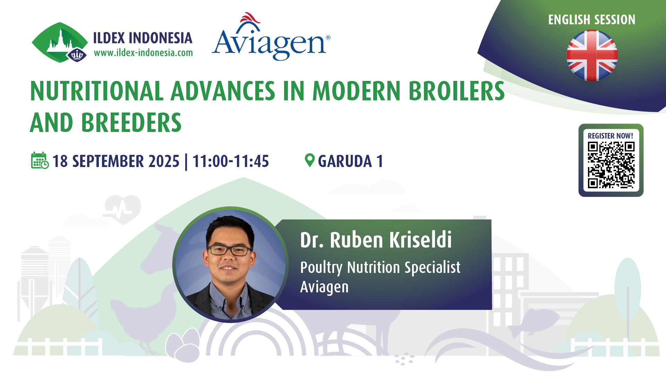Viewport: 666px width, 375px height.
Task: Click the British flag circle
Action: pos(592,56)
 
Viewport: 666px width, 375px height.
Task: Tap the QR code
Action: pos(611,165)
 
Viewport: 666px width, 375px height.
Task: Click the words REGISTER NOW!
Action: pos(610,136)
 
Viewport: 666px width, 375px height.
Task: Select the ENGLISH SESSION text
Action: pos(592,20)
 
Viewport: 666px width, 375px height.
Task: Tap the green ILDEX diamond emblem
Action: pos(60,42)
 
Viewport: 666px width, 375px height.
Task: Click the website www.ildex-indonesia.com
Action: pos(143,53)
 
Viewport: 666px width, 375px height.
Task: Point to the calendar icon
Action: pos(40,160)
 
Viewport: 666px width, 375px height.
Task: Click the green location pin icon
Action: pos(309,160)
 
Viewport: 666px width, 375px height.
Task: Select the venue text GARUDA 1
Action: pos(350,161)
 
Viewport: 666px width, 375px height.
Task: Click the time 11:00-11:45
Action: pos(231,161)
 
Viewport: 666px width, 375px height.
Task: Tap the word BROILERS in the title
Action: pos(456,91)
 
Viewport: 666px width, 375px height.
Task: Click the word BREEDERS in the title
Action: pos(131,123)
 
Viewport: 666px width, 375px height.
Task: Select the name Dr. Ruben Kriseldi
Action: pos(376,240)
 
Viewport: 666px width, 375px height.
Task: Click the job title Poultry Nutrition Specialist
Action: pos(380,268)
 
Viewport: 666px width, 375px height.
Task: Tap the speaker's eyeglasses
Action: pos(230,250)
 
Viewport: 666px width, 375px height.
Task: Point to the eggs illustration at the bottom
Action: pos(183,345)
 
